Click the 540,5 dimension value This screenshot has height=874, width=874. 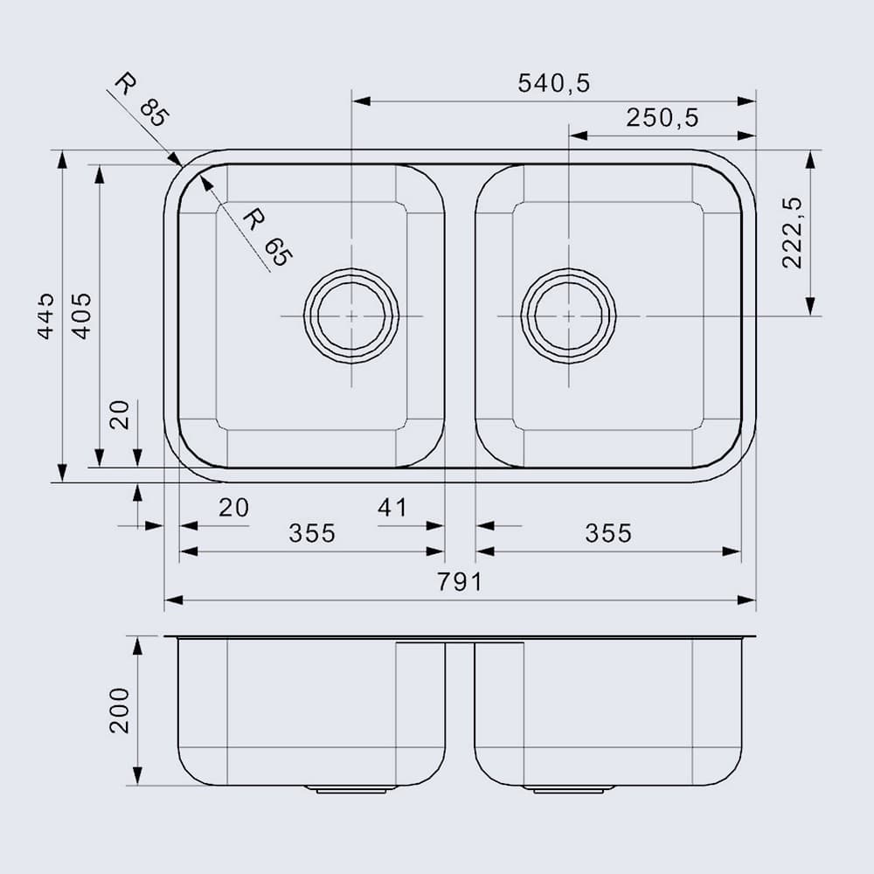tap(554, 83)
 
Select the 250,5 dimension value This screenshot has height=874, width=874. tap(662, 119)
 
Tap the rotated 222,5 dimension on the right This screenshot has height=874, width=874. tap(792, 232)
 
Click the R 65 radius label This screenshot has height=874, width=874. tap(266, 236)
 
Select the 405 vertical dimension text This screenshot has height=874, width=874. tap(80, 316)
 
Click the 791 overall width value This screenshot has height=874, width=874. tap(460, 581)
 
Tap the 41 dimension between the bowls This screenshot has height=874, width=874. tap(392, 507)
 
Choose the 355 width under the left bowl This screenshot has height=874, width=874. tap(312, 532)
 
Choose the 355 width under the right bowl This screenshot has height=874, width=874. tap(607, 532)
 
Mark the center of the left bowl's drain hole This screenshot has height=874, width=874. tap(351, 315)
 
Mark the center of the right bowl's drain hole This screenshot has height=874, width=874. tap(568, 315)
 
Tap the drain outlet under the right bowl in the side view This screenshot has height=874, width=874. tap(568, 789)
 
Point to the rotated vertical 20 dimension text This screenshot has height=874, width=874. tap(120, 414)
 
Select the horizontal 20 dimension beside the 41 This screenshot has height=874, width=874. tap(233, 507)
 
